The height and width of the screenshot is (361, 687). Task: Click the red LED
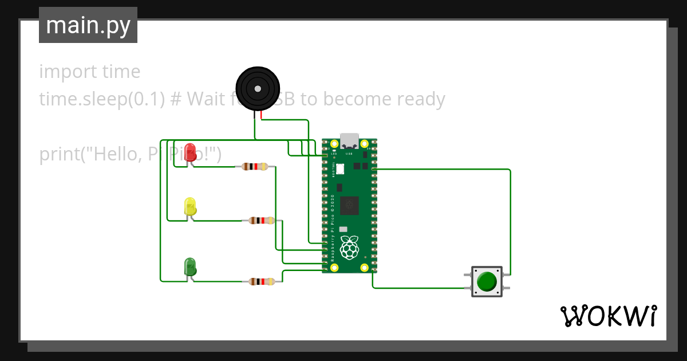coord(191,152)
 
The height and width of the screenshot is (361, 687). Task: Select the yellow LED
coord(190,207)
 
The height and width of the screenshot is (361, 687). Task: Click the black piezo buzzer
coord(257,89)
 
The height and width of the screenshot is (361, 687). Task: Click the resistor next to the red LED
coord(255,167)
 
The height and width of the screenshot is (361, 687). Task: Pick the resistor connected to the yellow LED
coord(261,221)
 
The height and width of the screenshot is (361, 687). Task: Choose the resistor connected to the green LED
coord(261,281)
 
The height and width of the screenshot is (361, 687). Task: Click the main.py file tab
coord(88,25)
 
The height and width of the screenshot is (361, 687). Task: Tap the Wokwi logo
coord(608,316)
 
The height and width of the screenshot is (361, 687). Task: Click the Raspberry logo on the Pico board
coord(349,247)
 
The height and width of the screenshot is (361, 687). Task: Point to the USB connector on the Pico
coord(349,141)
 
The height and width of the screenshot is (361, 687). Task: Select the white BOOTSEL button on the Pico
coord(341,168)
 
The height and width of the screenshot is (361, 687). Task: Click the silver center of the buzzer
coord(258,89)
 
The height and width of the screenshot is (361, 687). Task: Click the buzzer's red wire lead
coord(261,115)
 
